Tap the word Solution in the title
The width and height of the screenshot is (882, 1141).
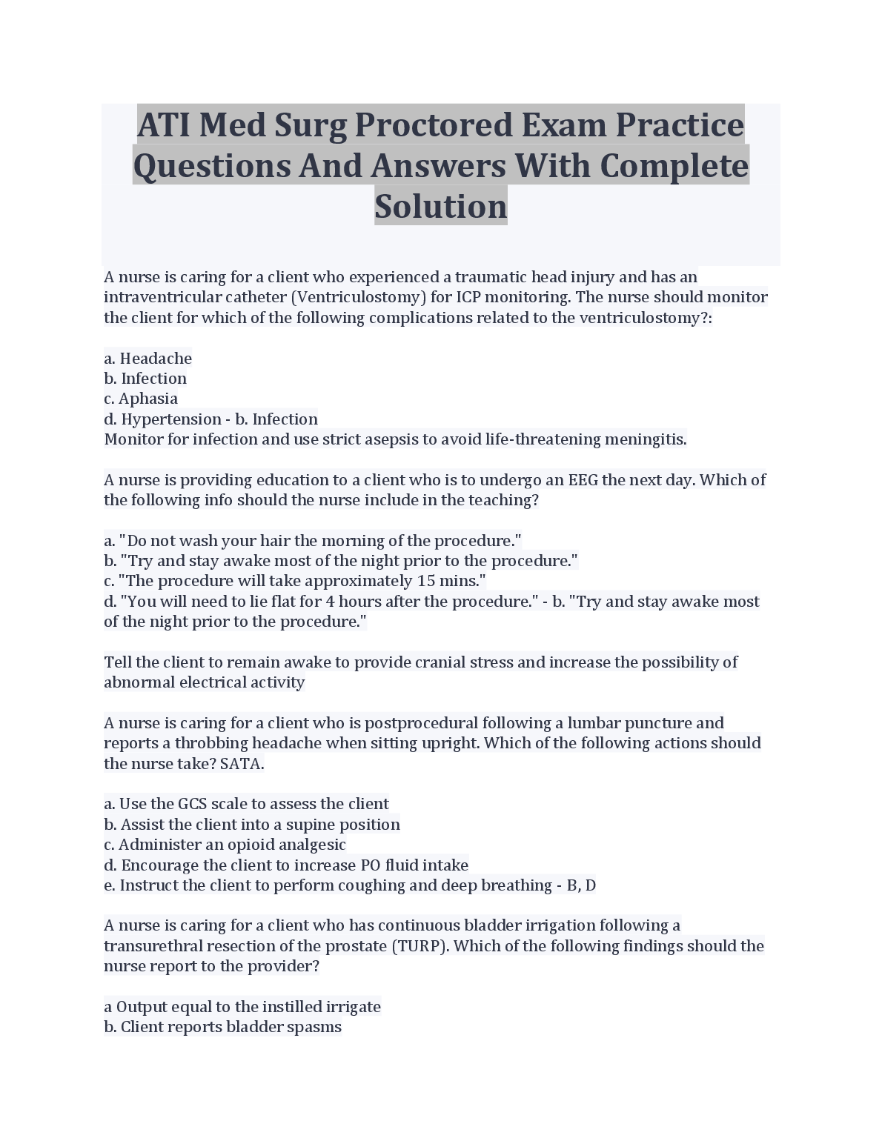[441, 206]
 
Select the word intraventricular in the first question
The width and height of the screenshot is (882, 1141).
[153, 297]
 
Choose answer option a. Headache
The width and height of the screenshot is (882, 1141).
[148, 359]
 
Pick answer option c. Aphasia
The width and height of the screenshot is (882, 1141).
[141, 399]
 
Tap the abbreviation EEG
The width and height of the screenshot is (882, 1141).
[583, 480]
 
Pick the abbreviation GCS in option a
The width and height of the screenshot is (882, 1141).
[193, 804]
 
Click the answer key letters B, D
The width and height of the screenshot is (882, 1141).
[581, 885]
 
